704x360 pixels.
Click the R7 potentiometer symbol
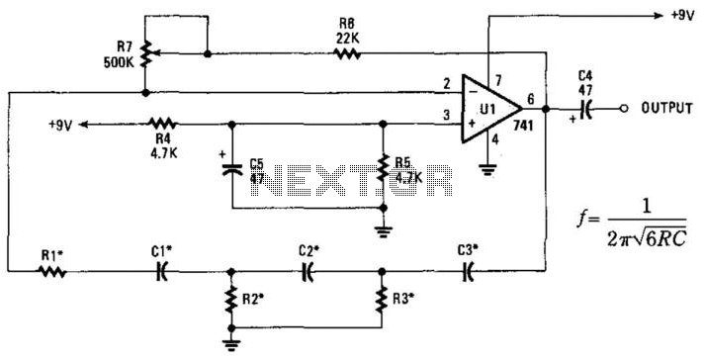[145, 53]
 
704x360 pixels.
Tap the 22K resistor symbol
[347, 53]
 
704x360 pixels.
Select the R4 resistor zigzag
[163, 124]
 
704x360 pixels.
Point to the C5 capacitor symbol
[232, 169]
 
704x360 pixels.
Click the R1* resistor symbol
[52, 271]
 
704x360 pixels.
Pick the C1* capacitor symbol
[162, 271]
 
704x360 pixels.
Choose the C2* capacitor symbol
[308, 271]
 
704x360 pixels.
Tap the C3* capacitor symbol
[468, 271]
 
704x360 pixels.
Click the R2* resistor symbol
[231, 300]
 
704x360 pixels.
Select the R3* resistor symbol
[382, 300]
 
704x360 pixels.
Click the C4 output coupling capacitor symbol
[585, 109]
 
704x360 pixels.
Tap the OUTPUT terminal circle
[623, 109]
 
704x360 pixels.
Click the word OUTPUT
[666, 108]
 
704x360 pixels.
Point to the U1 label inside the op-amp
[489, 109]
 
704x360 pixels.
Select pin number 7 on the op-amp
[496, 80]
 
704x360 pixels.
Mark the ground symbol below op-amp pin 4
[488, 170]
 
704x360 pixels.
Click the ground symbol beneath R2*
[231, 345]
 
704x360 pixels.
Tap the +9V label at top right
[683, 15]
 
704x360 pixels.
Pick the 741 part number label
[523, 126]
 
